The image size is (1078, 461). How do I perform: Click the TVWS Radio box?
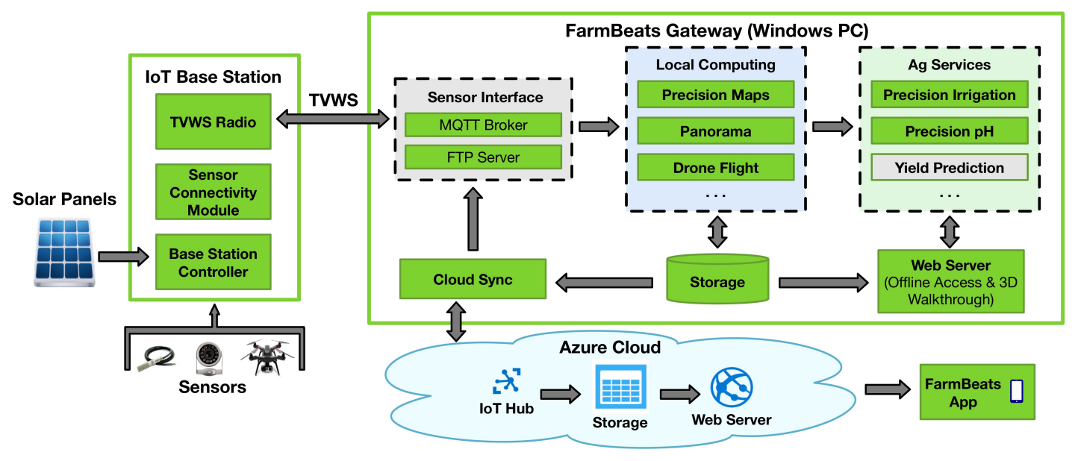[x=213, y=121]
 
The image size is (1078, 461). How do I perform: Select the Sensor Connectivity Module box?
[x=213, y=192]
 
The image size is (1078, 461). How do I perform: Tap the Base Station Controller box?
[x=213, y=262]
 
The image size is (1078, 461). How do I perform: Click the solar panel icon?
[x=64, y=251]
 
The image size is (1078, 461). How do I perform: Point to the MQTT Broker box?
[x=483, y=125]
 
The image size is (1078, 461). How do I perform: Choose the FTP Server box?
[x=483, y=157]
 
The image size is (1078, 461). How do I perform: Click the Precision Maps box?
[x=715, y=95]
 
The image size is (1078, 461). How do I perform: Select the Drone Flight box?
[x=715, y=168]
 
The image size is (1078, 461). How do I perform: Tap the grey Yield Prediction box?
[x=950, y=168]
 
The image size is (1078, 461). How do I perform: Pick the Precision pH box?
[x=950, y=131]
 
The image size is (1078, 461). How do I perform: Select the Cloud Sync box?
[x=473, y=280]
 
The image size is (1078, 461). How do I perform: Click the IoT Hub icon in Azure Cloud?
[x=506, y=383]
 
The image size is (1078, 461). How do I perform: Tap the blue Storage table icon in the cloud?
[x=620, y=387]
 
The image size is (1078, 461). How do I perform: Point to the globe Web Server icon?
[x=731, y=387]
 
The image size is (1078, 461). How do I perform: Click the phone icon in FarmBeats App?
[x=1016, y=391]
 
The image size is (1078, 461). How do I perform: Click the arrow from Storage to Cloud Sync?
[x=604, y=283]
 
